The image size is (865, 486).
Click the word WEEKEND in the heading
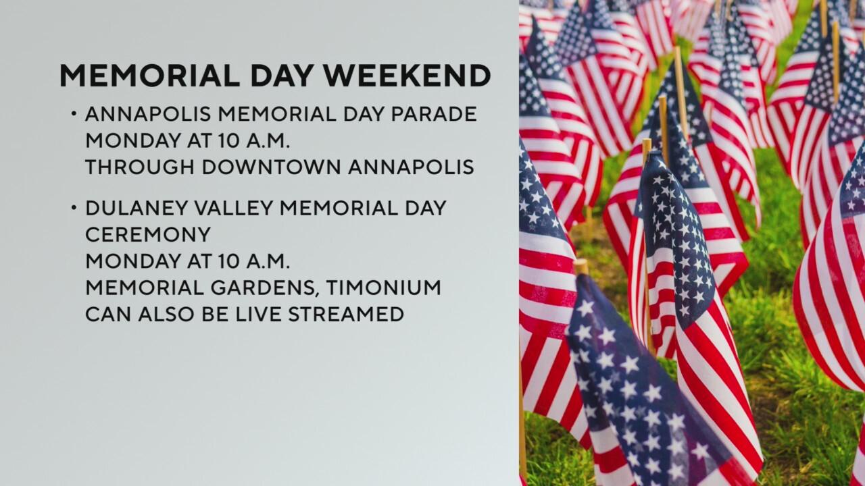pos(407,76)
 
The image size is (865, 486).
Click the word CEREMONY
pos(148,234)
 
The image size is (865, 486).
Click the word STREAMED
pos(346,315)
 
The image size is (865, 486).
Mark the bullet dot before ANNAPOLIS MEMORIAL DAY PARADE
pos(74,114)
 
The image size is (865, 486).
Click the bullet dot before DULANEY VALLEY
pos(74,208)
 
